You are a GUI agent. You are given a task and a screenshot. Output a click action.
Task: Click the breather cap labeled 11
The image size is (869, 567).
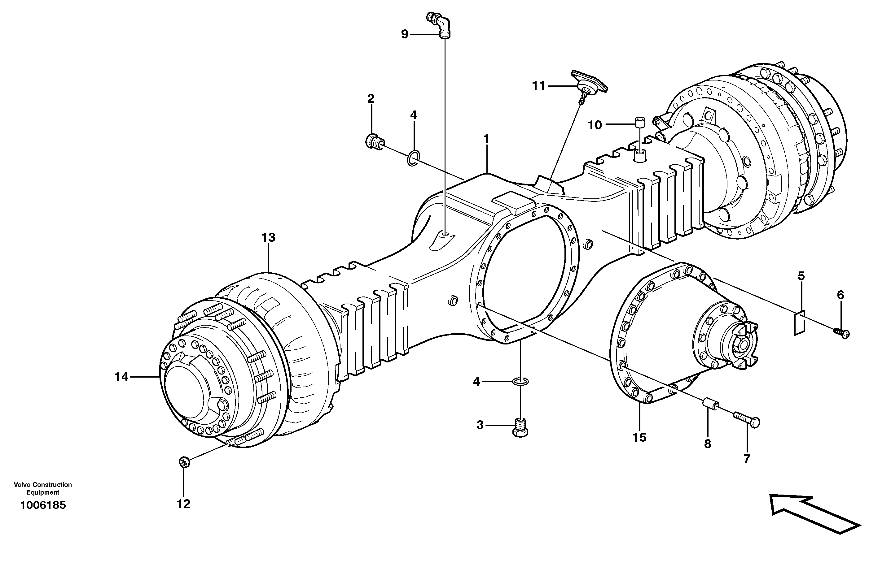(589, 84)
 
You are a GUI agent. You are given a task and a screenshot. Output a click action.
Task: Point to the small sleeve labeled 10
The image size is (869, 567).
(639, 122)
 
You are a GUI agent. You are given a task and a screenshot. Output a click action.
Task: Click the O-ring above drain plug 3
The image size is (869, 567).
(520, 382)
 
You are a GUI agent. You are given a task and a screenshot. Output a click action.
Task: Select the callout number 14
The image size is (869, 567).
(121, 377)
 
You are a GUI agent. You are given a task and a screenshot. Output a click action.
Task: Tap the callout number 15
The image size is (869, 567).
(639, 437)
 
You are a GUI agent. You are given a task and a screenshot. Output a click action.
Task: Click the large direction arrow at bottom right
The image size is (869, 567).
(814, 514)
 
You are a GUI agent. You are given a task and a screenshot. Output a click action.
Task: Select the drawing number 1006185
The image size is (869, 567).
(43, 505)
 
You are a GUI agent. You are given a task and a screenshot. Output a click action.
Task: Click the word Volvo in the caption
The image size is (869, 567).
(22, 485)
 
